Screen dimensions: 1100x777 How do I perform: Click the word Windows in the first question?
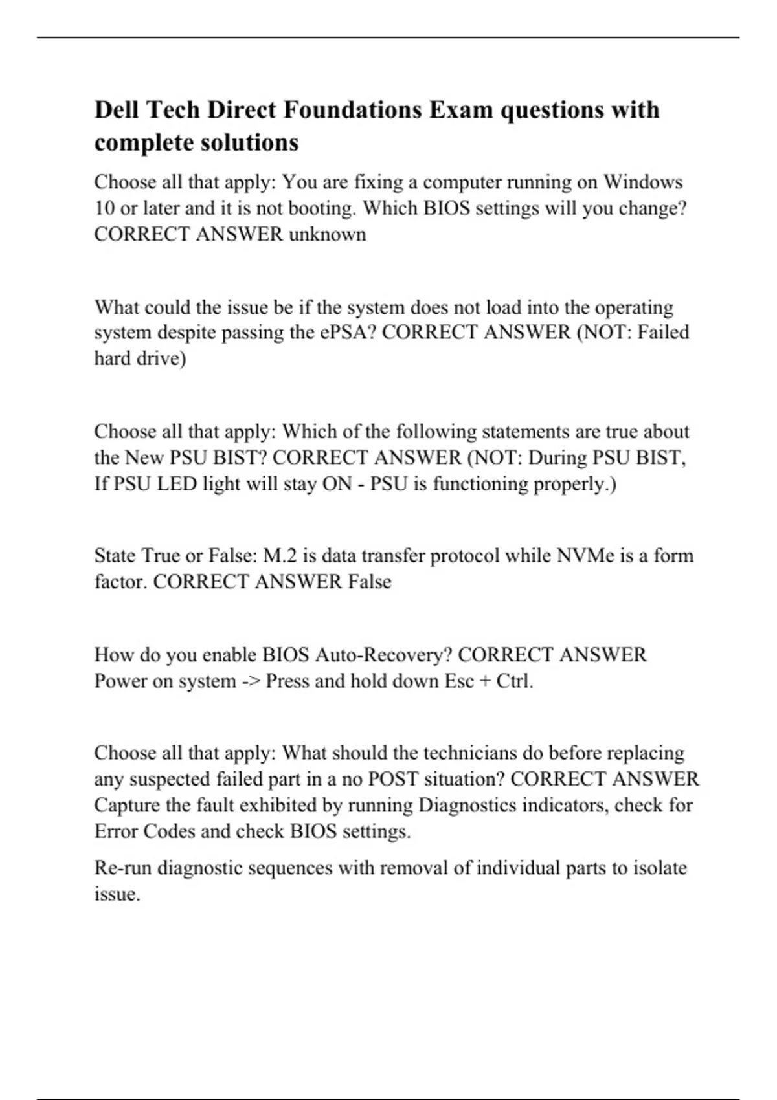click(643, 182)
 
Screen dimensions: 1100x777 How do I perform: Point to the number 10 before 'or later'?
click(105, 208)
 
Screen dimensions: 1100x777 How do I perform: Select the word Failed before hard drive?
click(663, 333)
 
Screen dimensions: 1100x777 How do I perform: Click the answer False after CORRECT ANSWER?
click(370, 582)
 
